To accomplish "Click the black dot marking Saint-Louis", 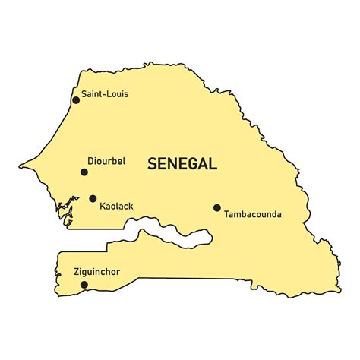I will pos(76,99).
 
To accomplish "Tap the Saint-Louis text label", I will pos(105,94).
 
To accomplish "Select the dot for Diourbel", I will pos(84,172).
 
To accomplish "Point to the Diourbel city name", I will pos(107,161).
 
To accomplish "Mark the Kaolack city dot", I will pos(93,199).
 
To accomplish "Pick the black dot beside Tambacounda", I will pos(216,207).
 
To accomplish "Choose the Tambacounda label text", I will pos(252,214).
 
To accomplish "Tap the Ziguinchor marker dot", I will pos(84,285).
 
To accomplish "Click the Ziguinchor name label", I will pos(97,272).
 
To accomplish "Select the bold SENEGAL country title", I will pos(182,163).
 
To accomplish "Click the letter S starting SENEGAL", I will pos(152,163).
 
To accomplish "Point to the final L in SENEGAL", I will pos(213,163).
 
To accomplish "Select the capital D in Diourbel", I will pos(90,161).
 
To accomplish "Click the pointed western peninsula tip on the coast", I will pos(21,162).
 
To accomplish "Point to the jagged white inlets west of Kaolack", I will pos(70,207).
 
